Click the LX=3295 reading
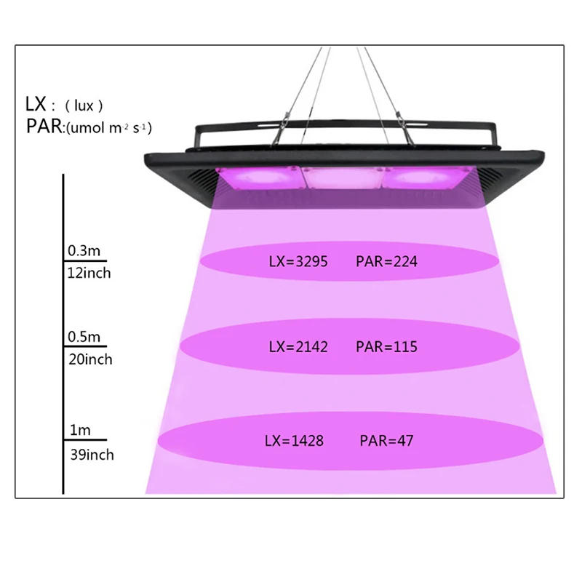click(x=298, y=262)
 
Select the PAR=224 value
click(x=386, y=262)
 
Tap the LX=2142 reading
click(x=298, y=347)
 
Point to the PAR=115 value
click(x=386, y=347)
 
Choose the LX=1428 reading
click(x=294, y=441)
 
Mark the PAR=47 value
click(x=386, y=441)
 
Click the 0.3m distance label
click(x=84, y=251)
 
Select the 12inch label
click(x=89, y=274)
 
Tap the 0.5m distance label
click(x=84, y=337)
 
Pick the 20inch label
click(x=90, y=359)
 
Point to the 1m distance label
click(x=80, y=430)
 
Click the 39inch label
click(x=92, y=455)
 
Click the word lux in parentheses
click(x=84, y=106)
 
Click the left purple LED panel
click(x=260, y=178)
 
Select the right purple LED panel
click(x=427, y=178)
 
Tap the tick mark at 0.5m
click(x=85, y=346)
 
